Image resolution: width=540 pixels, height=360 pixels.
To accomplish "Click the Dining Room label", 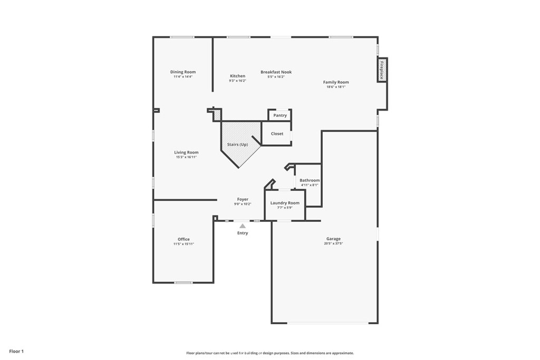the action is (183, 72).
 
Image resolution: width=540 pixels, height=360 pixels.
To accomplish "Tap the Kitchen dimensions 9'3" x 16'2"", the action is (238, 81).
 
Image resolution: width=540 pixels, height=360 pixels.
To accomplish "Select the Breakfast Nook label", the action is (276, 72).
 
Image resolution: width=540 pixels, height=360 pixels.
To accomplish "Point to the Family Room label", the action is (336, 82).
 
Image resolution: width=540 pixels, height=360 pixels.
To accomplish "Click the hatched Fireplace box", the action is (382, 70).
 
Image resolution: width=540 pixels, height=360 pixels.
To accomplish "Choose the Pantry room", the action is (280, 115).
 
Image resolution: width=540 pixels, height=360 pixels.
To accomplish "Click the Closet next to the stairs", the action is (277, 133).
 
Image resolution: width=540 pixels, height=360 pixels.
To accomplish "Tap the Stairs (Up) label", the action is (238, 144).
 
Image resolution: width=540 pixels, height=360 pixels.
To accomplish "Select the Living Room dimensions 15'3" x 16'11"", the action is (186, 157).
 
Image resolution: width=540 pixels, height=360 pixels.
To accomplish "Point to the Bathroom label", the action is (310, 180).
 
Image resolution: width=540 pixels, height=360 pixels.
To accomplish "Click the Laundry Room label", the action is (285, 203).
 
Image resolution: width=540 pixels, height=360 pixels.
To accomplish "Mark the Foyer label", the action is (243, 199).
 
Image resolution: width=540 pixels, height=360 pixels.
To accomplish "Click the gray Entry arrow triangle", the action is (243, 226).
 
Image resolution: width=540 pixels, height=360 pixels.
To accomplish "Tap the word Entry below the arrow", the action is (243, 233).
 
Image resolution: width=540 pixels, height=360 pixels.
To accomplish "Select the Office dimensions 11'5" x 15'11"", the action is (184, 244).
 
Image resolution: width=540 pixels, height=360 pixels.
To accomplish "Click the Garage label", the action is (333, 239).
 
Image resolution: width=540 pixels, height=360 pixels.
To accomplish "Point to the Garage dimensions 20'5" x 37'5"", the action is (333, 244).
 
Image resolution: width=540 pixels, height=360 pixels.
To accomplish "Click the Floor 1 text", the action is (16, 352).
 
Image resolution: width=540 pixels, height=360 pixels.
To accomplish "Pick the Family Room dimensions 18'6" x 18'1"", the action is (336, 87).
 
